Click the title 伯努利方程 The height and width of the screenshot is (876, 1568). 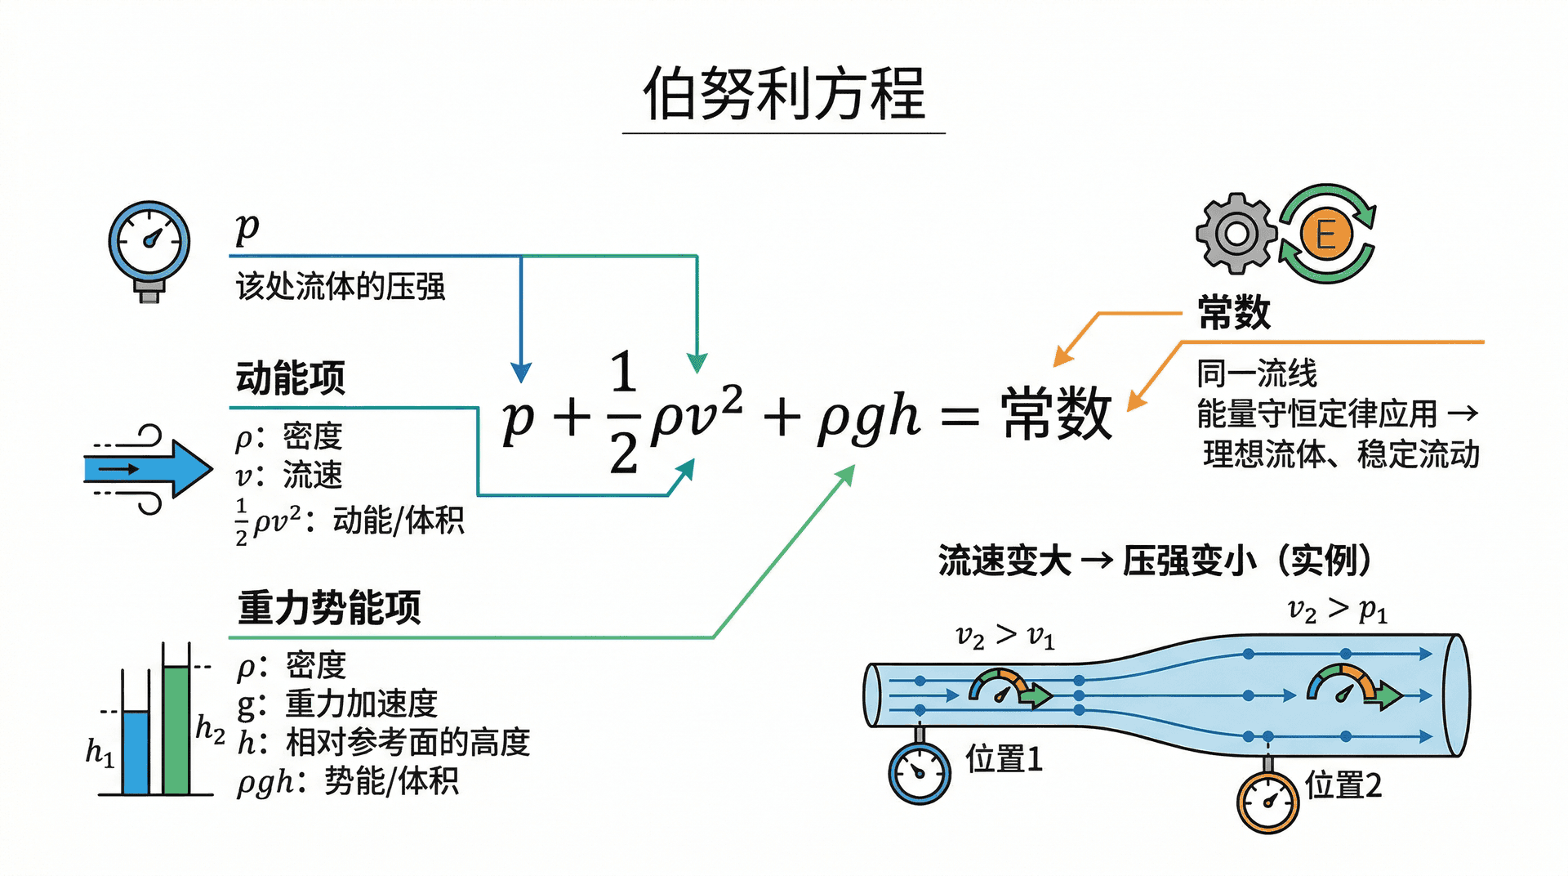pos(783,93)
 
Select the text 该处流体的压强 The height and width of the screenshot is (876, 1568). pos(341,287)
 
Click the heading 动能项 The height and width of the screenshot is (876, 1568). pos(291,378)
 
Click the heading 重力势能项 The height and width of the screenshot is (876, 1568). pos(329,608)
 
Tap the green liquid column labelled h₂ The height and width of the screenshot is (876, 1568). pos(176,729)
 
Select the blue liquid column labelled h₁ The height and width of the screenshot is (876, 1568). pos(136,752)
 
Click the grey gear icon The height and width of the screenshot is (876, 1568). pos(1236,234)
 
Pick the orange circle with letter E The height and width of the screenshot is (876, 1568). pos(1326,234)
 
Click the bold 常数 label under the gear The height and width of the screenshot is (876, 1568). pos(1234,312)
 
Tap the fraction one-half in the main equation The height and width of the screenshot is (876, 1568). pos(623,413)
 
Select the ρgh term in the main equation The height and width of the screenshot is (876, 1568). pos(869,417)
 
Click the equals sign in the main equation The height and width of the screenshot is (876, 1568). pos(960,417)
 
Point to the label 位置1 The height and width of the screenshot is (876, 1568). pos(1004,759)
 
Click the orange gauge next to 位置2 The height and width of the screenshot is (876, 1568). pos(1267,802)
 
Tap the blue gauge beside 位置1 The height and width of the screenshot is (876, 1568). pos(920,772)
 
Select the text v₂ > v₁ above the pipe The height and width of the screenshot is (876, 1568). pos(1005,636)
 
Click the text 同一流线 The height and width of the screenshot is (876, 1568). pos(1257,373)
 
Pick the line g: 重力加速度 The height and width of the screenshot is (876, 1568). pos(337,704)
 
